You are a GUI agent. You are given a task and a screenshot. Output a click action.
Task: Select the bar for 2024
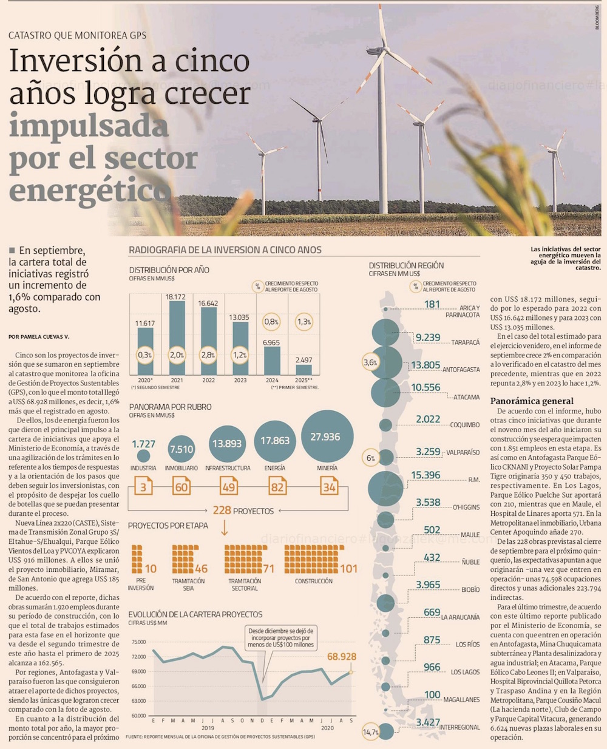(271, 362)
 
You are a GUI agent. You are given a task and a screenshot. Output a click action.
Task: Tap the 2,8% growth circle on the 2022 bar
(208, 354)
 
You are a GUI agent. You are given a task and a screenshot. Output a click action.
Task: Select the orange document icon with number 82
(277, 486)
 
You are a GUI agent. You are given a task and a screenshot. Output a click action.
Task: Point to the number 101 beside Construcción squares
(348, 569)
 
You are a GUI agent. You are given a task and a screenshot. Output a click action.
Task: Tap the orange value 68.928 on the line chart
(341, 657)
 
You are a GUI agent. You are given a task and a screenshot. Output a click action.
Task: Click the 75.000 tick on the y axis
(138, 642)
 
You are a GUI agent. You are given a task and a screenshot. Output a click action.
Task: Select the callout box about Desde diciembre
(281, 637)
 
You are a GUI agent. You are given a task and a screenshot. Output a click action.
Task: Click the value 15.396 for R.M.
(426, 475)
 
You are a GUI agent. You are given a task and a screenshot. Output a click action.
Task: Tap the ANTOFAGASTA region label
(461, 369)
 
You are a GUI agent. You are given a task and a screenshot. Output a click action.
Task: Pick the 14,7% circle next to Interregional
(370, 733)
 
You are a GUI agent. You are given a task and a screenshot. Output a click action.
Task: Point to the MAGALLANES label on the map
(461, 700)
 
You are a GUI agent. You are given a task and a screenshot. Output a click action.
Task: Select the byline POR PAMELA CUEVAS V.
(39, 336)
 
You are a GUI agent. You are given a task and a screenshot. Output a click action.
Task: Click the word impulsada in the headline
(89, 127)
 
